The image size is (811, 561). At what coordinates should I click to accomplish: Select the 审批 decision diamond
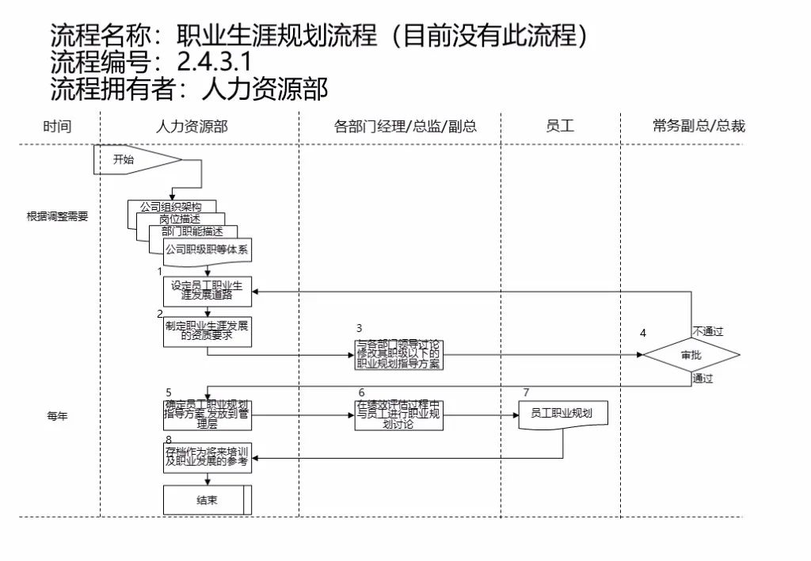click(x=691, y=355)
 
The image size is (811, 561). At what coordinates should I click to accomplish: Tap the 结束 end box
click(x=208, y=500)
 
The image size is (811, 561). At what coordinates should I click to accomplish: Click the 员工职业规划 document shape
click(x=562, y=414)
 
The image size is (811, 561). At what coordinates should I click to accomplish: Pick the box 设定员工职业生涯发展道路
click(x=208, y=291)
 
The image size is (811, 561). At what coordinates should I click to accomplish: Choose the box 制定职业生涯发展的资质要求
click(x=208, y=331)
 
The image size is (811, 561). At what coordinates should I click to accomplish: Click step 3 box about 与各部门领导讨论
click(x=398, y=355)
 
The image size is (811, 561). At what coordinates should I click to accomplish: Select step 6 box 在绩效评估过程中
click(x=398, y=414)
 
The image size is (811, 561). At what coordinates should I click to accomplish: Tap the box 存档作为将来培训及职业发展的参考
click(x=208, y=456)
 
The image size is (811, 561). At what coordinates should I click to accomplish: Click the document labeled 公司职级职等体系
click(x=208, y=250)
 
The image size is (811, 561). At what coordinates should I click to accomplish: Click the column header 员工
click(x=560, y=126)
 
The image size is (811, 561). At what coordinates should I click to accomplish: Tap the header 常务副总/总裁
click(x=699, y=126)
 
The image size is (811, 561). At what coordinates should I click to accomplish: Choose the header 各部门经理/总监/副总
click(x=405, y=126)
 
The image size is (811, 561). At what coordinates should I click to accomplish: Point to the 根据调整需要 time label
click(x=57, y=216)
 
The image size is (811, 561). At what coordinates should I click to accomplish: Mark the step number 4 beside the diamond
click(x=642, y=333)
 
